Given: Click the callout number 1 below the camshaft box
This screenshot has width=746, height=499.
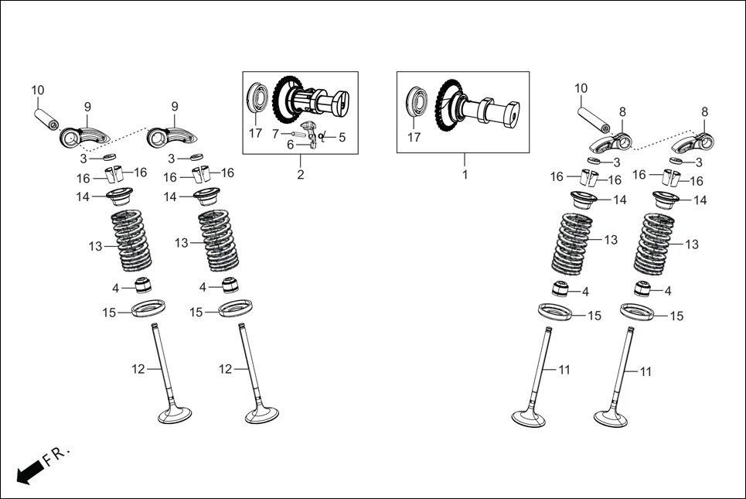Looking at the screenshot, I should coord(465,175).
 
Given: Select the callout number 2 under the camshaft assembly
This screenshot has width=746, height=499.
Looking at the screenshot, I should coord(301,175).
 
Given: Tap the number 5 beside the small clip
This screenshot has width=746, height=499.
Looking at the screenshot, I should coord(342,137).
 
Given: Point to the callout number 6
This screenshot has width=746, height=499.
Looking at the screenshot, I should coord(291,145).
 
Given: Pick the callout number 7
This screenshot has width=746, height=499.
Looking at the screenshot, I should coord(275,134).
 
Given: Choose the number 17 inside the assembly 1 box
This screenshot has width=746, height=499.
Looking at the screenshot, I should coord(415,138).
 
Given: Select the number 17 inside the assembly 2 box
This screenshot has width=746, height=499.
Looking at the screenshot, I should coord(256,133).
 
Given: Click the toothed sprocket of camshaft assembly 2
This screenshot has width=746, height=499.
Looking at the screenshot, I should coord(288,95).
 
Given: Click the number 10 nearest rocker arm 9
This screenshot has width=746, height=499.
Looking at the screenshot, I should coord(38,91).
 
